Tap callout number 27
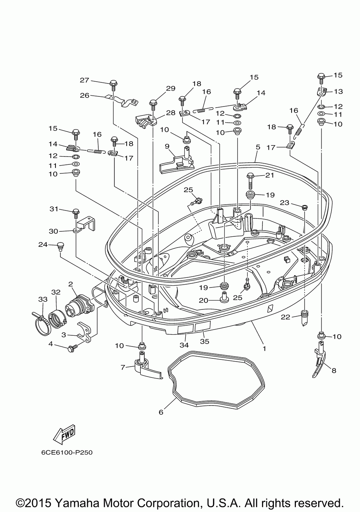pos(84,80)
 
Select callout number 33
pos(42,299)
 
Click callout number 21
pos(270,175)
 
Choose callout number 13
pos(338,91)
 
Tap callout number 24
pos(43,245)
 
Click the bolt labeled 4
pos(71,349)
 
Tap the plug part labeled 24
pos(60,246)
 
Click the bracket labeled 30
pos(84,224)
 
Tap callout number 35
pos(204,341)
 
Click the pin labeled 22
pos(304,318)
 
